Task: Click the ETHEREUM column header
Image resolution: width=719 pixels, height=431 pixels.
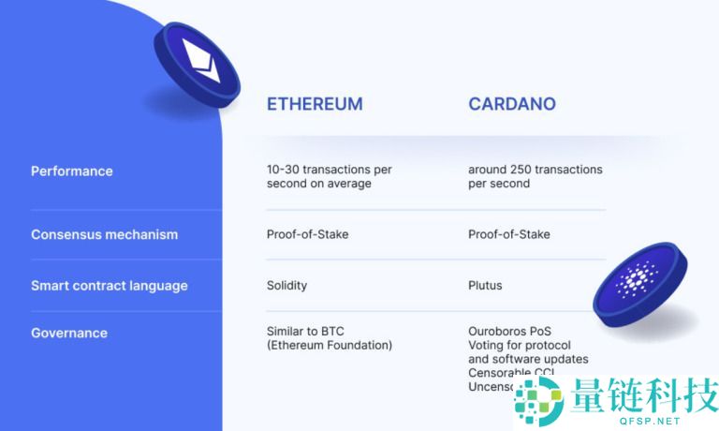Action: click(x=315, y=104)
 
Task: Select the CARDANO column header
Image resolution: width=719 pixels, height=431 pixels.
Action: click(x=512, y=104)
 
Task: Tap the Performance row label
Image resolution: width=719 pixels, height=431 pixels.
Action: click(x=72, y=171)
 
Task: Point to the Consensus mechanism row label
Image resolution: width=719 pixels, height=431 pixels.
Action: click(x=104, y=234)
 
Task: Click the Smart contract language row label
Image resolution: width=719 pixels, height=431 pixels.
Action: click(x=110, y=286)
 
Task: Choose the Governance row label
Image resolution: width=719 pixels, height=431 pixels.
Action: click(x=69, y=333)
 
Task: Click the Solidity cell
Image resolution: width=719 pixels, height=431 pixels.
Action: click(x=286, y=285)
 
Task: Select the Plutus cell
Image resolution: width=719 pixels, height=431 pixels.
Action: click(x=485, y=285)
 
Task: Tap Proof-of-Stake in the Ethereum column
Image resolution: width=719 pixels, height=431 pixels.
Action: click(x=307, y=234)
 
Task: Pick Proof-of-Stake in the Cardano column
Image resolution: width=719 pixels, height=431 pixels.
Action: click(x=509, y=234)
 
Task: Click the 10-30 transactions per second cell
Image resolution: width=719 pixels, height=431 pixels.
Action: click(x=329, y=176)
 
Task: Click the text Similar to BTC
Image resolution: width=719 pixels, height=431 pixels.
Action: click(x=305, y=331)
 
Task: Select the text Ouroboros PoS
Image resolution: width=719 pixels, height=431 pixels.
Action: click(x=510, y=331)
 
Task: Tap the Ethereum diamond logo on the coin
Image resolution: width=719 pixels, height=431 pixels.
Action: click(x=199, y=58)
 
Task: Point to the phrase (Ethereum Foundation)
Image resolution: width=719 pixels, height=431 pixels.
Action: click(x=330, y=345)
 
